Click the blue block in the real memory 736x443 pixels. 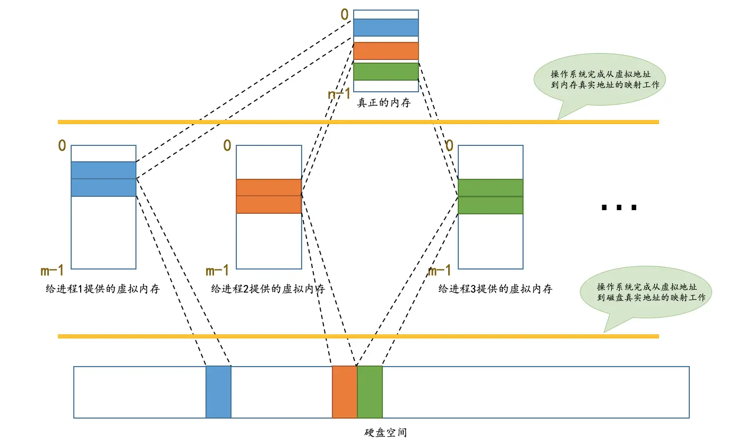[x=386, y=27]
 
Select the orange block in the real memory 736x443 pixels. [x=386, y=51]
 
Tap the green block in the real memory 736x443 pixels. [x=386, y=72]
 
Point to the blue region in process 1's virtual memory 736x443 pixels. [x=104, y=179]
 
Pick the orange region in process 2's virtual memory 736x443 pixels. [x=269, y=196]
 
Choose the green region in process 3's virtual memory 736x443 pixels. [x=490, y=196]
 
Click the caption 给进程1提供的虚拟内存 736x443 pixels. [x=103, y=289]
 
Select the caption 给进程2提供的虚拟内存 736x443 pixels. [x=268, y=289]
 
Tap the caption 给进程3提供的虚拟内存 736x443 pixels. [x=495, y=289]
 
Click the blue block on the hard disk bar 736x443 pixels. [x=218, y=392]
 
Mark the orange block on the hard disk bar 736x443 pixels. [x=344, y=392]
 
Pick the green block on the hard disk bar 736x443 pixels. [x=370, y=392]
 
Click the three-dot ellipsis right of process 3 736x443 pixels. [x=618, y=207]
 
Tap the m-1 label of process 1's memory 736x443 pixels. [x=52, y=271]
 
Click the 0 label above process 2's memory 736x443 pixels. [x=227, y=145]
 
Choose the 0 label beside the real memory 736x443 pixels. [x=345, y=14]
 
